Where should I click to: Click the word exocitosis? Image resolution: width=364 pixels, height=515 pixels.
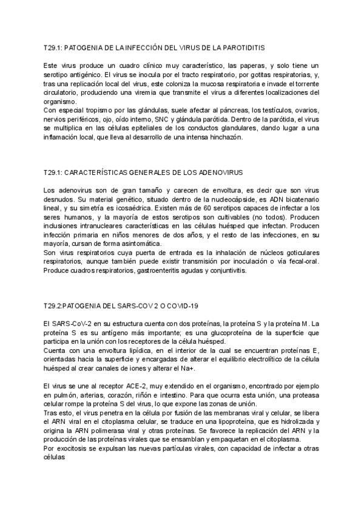70,451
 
